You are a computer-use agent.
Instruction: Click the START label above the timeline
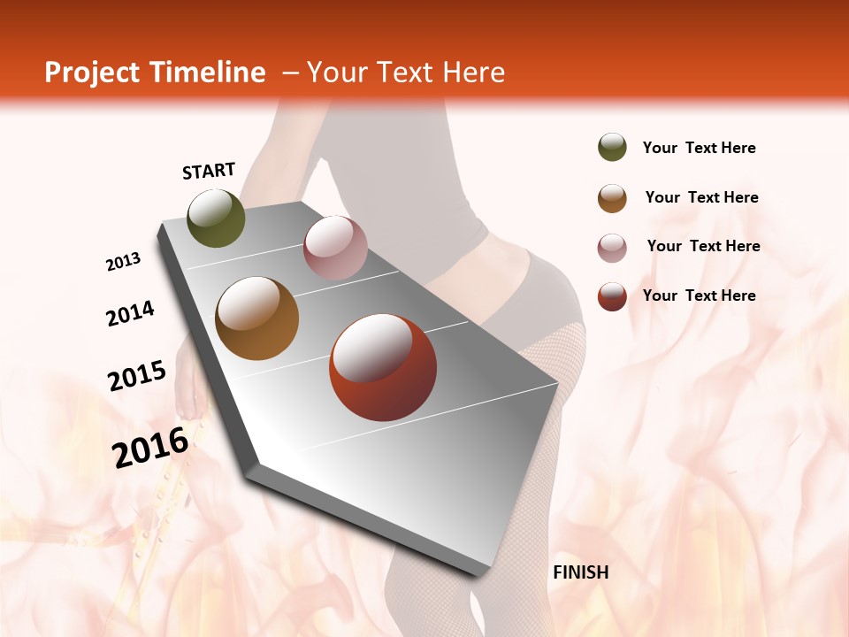209,171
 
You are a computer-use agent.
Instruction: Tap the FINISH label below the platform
580,572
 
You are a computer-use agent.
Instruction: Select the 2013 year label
124,262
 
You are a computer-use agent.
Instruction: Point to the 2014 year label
131,314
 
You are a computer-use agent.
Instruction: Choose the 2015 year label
137,376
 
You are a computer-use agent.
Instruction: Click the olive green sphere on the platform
216,218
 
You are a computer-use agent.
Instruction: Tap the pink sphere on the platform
335,248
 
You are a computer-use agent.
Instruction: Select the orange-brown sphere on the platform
256,318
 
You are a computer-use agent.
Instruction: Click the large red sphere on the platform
383,367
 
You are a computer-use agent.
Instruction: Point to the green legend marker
612,147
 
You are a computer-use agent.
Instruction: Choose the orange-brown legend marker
612,198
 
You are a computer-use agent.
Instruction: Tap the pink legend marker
612,248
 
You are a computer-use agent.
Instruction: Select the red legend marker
612,296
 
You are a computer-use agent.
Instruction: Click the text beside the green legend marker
699,149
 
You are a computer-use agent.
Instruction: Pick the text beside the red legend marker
699,295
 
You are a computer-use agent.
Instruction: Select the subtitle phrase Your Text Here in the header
406,73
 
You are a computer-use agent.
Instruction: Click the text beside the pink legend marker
703,246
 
